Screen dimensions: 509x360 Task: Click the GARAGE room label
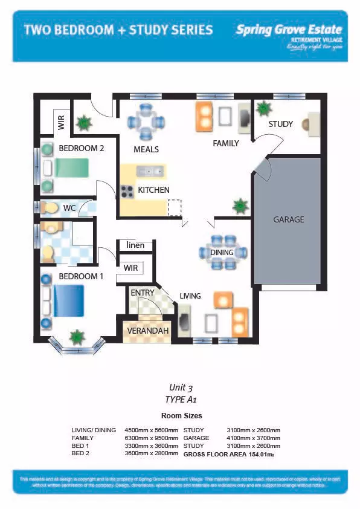(288, 219)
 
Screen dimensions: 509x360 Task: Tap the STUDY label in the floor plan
(280, 124)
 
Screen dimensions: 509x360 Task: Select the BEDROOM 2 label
(82, 148)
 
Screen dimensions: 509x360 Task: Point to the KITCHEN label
(153, 190)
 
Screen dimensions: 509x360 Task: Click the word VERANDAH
(147, 331)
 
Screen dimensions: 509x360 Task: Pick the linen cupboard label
(135, 245)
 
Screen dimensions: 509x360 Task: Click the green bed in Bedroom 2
(71, 167)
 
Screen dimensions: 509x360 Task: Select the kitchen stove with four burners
(127, 191)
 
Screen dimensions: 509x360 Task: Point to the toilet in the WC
(50, 208)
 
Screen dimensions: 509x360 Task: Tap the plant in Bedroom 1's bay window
(77, 337)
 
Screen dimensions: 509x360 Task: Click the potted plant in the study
(263, 109)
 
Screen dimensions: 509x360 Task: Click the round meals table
(146, 121)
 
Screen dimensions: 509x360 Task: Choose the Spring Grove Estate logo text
(289, 29)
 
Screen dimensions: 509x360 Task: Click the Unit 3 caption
(181, 387)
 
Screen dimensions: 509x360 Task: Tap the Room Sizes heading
(181, 416)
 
